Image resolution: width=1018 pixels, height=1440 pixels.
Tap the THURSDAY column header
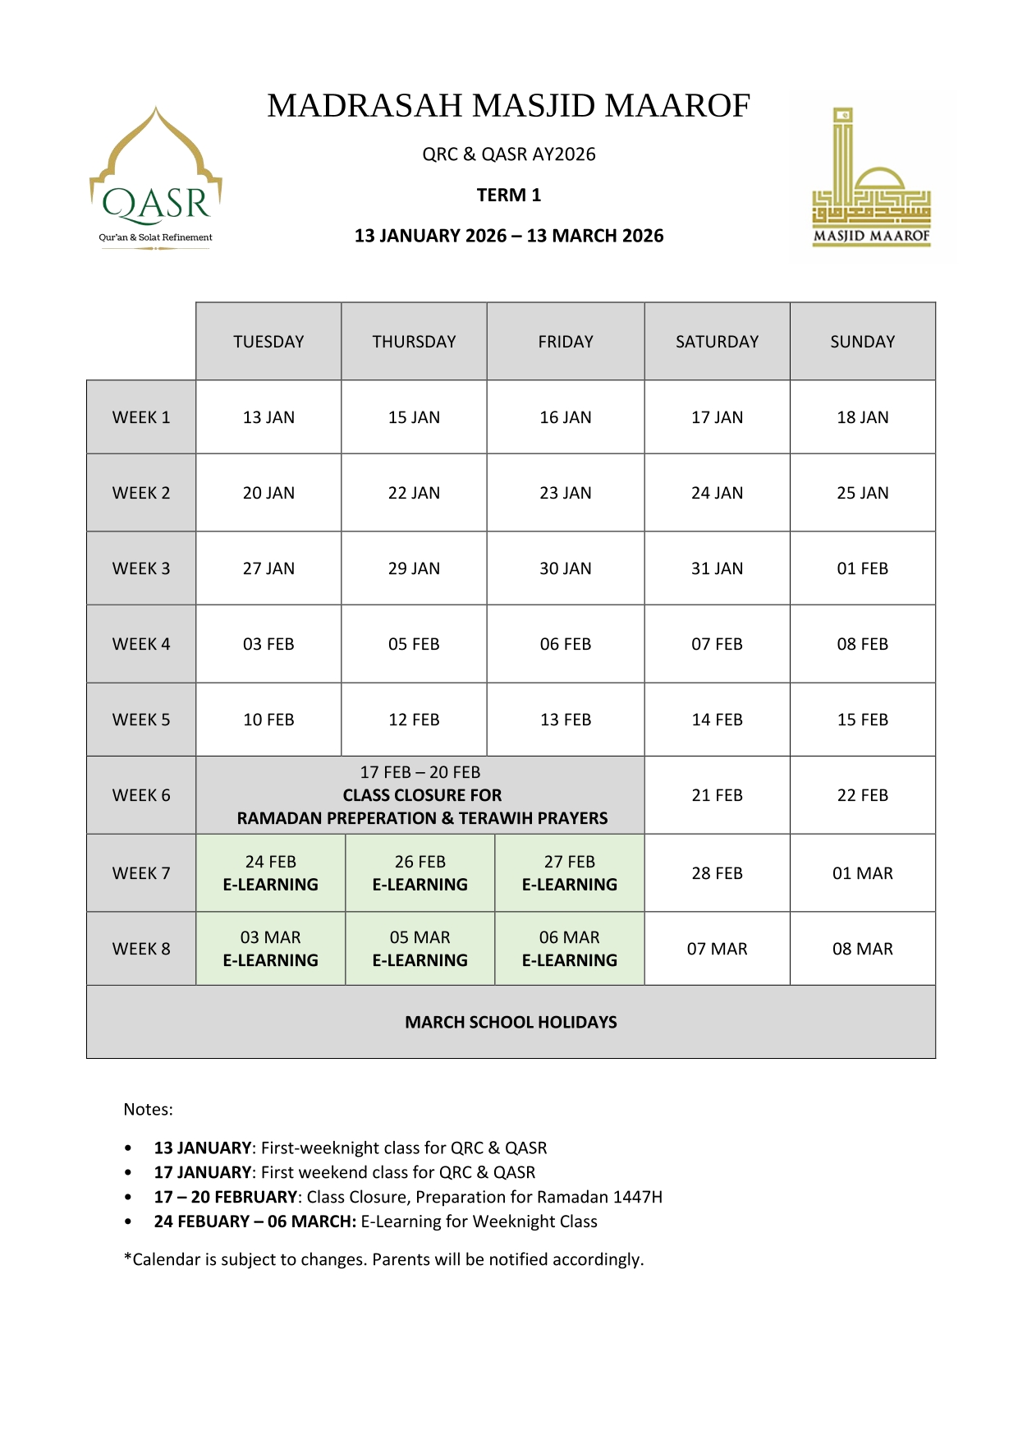pos(414,342)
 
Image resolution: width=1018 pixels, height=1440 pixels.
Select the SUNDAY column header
pos(862,342)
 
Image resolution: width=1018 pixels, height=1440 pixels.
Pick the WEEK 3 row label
pos(141,568)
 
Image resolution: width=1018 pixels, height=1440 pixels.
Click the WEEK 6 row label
pos(141,795)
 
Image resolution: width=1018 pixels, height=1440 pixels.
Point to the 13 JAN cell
pos(268,417)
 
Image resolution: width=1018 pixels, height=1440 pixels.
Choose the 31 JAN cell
pos(717,568)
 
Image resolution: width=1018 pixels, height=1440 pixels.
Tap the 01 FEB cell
pos(862,568)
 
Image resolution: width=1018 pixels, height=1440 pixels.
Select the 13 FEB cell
pos(565,720)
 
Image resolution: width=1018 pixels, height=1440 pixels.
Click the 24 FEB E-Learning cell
pos(270,873)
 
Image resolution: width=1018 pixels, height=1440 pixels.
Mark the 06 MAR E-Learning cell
pos(569,949)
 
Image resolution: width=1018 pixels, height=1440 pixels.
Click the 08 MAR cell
pos(862,949)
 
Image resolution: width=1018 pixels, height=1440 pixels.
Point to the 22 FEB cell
pos(862,795)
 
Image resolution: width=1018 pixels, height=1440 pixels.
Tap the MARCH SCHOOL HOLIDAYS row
pos(511,1022)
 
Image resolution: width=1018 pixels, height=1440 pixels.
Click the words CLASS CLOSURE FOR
pos(422,795)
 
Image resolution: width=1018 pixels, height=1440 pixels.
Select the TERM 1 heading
pos(509,196)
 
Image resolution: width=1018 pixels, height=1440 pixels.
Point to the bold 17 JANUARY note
pos(202,1172)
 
